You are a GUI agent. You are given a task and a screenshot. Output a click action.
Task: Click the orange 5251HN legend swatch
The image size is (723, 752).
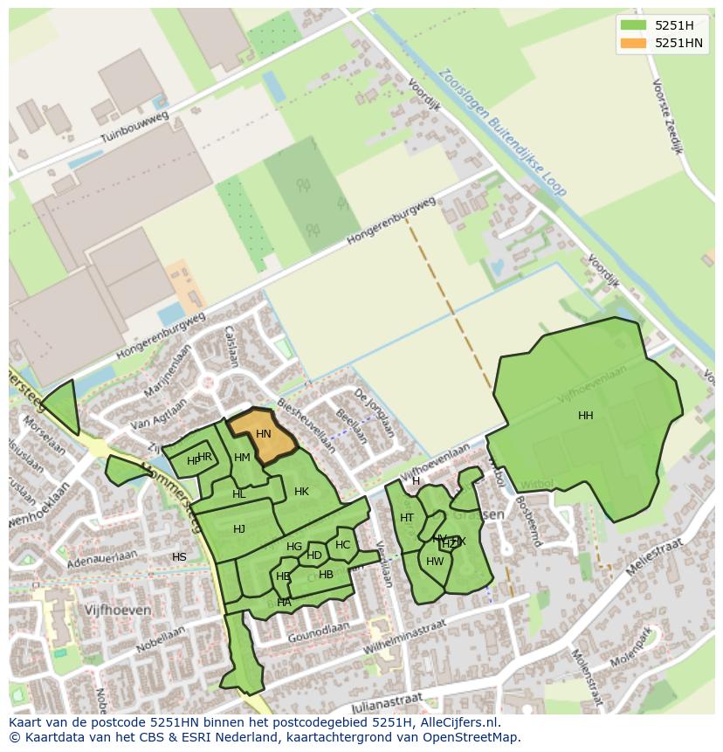633,44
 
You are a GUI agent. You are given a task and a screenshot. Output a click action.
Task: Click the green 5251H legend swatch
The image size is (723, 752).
633,25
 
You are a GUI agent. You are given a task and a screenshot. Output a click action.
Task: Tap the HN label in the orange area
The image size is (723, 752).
263,434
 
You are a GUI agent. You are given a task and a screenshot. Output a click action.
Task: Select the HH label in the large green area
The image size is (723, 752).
585,416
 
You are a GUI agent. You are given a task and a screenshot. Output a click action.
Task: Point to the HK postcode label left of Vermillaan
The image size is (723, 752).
301,492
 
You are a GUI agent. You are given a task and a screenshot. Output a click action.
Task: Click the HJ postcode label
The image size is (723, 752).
239,529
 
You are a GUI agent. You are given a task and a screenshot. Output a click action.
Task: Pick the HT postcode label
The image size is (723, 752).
407,518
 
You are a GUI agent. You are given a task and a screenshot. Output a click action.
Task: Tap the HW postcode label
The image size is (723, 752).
435,562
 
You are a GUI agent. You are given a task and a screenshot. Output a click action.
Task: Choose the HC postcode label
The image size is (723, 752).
342,545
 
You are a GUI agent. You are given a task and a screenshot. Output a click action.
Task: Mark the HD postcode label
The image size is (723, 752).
314,555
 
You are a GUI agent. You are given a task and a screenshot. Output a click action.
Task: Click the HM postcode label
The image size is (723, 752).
242,458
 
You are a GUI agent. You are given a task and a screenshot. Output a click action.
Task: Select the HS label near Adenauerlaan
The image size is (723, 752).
179,557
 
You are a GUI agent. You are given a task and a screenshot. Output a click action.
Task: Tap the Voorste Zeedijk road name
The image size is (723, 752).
667,116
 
